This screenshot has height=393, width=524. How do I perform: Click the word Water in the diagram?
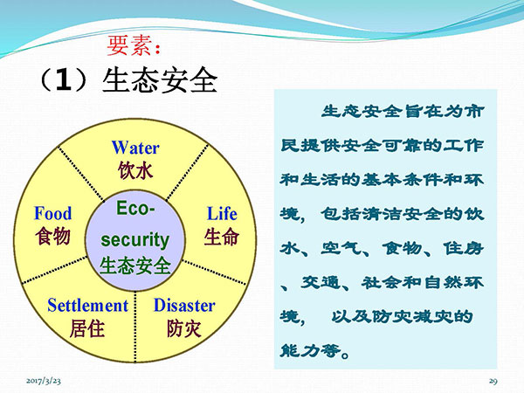[x=135, y=148]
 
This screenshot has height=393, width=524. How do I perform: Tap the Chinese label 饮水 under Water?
[x=135, y=170]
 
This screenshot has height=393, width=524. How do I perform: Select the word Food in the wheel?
[x=53, y=213]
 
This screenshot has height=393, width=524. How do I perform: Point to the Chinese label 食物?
[x=52, y=236]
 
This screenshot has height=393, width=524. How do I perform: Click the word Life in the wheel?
[x=222, y=214]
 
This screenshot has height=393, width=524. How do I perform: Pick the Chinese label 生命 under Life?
[x=222, y=237]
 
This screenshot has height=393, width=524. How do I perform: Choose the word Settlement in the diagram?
[x=88, y=305]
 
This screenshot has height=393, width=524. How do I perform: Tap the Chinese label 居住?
[x=87, y=328]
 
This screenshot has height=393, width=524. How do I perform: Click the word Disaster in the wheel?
[x=184, y=305]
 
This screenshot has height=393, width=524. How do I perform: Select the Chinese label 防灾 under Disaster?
[x=184, y=328]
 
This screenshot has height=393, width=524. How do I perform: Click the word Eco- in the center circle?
[x=135, y=208]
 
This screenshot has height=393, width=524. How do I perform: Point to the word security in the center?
[x=135, y=240]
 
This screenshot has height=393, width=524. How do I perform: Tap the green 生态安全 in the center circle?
[x=135, y=265]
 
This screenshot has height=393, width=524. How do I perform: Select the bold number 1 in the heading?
[x=64, y=81]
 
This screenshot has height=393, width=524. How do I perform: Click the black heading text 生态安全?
[x=160, y=81]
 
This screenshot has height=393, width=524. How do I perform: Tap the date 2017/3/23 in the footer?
[x=44, y=381]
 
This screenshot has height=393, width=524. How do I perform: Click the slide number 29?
[x=493, y=381]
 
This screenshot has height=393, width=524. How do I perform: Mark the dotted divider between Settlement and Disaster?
[x=135, y=327]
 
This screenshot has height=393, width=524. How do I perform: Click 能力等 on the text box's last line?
[x=310, y=350]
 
